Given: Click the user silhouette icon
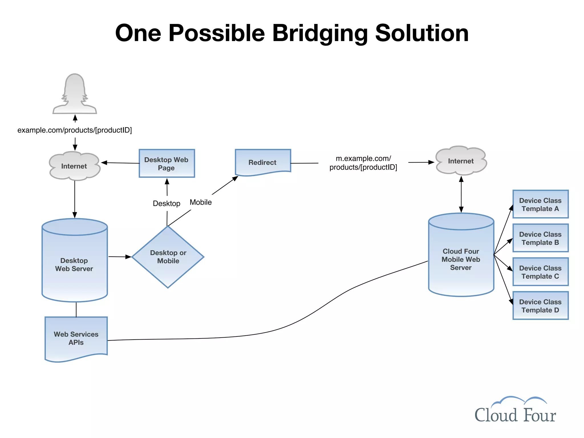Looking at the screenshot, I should point(75,94).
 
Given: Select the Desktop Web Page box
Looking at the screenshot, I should point(167,163).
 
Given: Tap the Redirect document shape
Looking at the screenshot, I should point(263,162).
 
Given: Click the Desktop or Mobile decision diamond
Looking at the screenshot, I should point(168,257).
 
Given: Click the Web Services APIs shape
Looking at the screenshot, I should point(76,338).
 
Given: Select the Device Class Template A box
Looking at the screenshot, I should point(540,204).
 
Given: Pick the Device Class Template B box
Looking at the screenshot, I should point(540,238).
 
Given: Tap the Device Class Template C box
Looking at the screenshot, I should point(540,272).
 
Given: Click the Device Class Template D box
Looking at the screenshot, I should point(540,305).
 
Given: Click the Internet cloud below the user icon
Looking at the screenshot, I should point(74,166).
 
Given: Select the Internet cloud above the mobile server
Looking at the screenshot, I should point(461,161).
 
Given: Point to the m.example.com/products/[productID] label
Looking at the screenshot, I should point(363,163).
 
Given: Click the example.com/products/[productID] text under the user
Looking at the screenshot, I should point(75,130).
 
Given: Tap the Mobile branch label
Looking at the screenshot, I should point(201,202).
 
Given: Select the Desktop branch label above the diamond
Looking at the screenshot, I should point(167,203).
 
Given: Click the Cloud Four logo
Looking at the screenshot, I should point(515,411).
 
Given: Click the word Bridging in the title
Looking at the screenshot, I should point(320,33).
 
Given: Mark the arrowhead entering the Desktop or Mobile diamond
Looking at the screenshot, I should point(129,257).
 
